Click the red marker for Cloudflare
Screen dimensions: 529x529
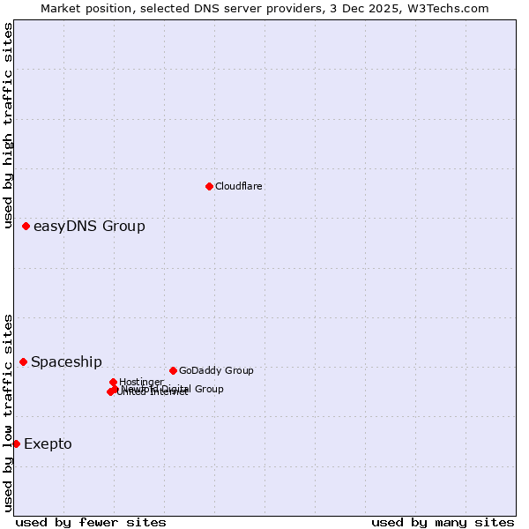point(209,186)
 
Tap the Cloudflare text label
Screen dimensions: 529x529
point(239,186)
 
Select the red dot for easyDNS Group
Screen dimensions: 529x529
point(26,227)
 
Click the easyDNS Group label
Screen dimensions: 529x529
point(89,227)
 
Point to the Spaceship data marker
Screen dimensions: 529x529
point(24,361)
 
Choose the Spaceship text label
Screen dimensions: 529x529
point(66,362)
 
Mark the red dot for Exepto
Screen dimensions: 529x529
point(16,443)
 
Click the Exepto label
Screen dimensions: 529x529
point(48,443)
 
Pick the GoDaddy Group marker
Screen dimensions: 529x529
point(173,370)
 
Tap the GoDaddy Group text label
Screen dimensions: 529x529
point(216,370)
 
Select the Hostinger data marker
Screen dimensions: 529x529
point(113,382)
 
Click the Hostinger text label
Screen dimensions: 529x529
point(141,382)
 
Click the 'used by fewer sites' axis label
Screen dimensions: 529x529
point(91,523)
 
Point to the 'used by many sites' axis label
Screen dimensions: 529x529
point(443,523)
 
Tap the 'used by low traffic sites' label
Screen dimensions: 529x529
point(9,413)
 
